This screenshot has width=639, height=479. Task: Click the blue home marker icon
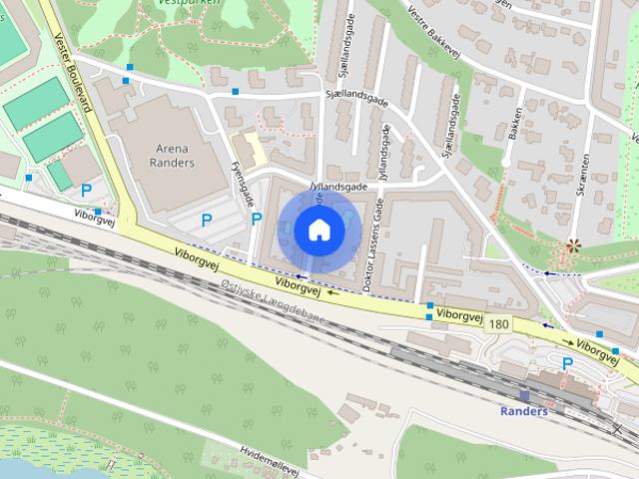click(319, 230)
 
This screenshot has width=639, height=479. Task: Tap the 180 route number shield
click(498, 323)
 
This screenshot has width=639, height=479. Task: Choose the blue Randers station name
click(523, 411)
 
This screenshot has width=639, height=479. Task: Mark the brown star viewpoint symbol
click(573, 245)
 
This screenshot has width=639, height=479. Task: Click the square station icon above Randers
click(524, 395)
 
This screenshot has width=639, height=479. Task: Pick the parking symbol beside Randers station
click(567, 364)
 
